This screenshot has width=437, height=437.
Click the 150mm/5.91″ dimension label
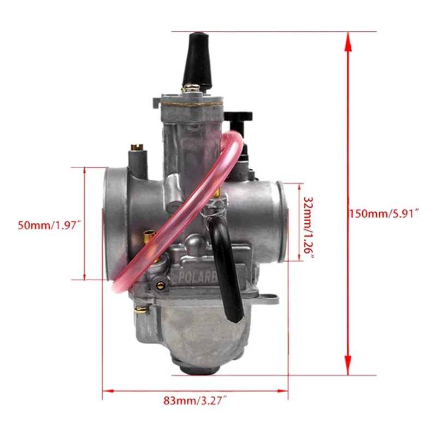tap(383, 213)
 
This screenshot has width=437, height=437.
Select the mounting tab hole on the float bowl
tap(270, 298)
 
